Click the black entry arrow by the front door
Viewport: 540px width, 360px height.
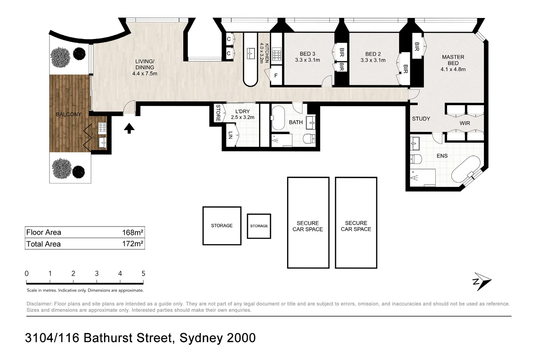[x=129, y=128]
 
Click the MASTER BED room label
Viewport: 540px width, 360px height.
[x=453, y=60]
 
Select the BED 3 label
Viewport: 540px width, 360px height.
[x=307, y=54]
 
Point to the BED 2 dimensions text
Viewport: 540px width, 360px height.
[x=373, y=60]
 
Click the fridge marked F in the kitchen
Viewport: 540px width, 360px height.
[x=276, y=76]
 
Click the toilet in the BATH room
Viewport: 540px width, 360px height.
[x=309, y=138]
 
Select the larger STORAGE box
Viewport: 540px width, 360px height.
[x=222, y=226]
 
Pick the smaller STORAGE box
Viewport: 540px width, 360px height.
[x=259, y=226]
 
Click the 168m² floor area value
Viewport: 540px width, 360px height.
[x=133, y=232]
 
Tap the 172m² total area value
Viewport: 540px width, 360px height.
[x=133, y=244]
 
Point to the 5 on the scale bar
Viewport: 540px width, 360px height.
[x=143, y=274]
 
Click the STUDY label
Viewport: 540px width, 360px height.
[x=421, y=119]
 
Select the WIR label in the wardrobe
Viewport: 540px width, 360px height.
[x=465, y=123]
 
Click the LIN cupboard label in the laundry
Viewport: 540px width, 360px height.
[x=230, y=135]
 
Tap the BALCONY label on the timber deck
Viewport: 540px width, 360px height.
[x=69, y=114]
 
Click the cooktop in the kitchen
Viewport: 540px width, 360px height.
[x=277, y=55]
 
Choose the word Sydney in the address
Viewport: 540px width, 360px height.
[x=201, y=338]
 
